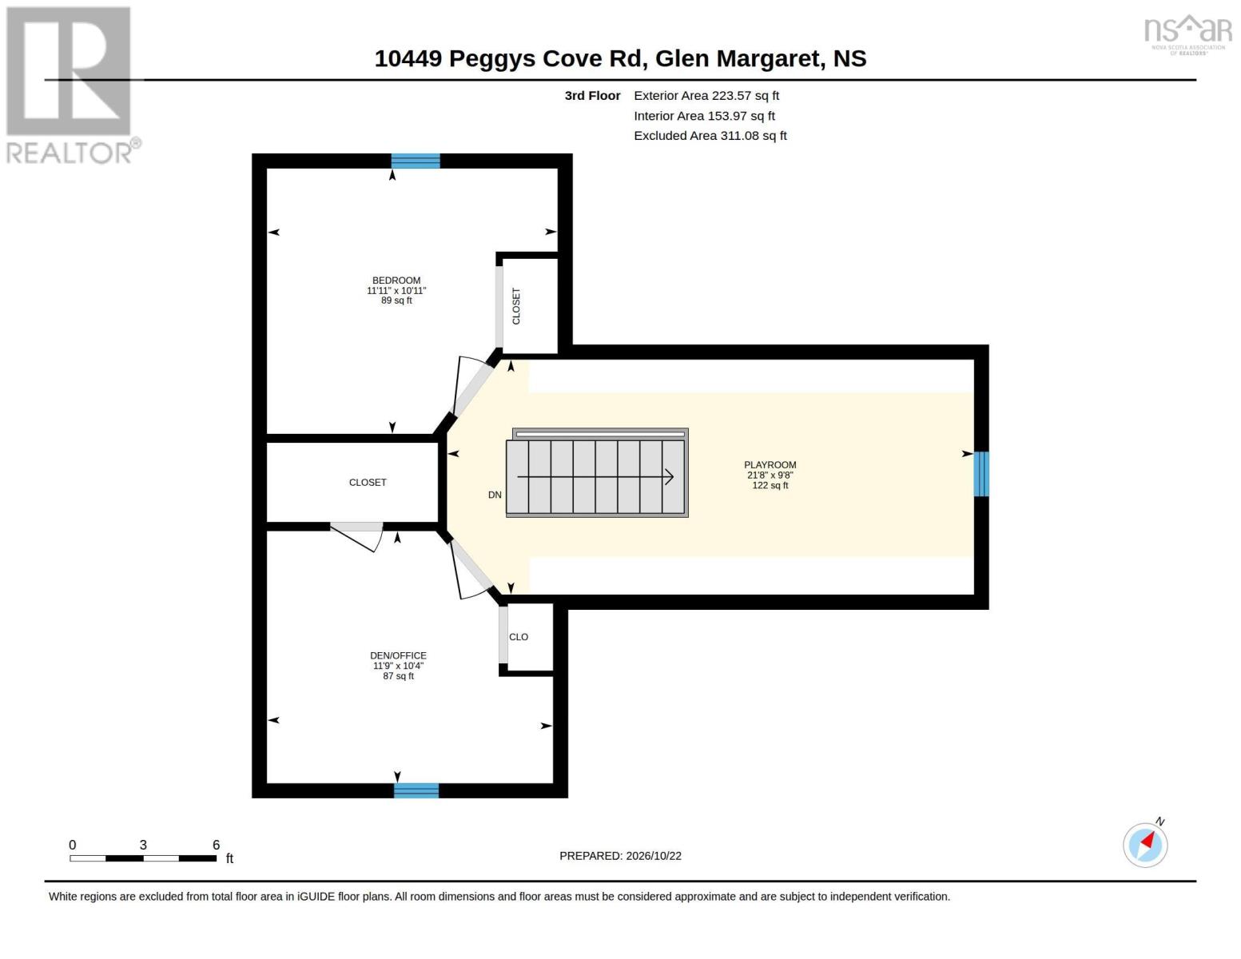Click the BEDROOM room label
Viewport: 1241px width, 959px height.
[x=396, y=281]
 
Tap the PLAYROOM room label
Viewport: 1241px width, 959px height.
[x=770, y=465]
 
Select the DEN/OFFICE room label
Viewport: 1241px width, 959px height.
[x=398, y=655]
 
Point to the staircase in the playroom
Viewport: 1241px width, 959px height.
[x=597, y=473]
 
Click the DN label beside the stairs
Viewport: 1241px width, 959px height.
[x=495, y=495]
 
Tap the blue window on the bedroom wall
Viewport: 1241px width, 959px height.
[x=416, y=161]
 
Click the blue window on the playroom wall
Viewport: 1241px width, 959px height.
[x=981, y=474]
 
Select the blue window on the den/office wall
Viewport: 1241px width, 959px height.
[x=416, y=790]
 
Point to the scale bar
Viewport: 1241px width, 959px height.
[x=143, y=858]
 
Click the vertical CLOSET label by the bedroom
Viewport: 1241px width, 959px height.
[x=516, y=306]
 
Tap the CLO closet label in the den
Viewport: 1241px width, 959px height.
[x=519, y=637]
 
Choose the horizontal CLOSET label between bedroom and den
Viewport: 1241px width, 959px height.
[x=368, y=483]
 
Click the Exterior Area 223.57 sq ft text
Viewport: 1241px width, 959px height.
[x=706, y=96]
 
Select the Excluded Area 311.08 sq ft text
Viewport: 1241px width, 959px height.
[x=710, y=136]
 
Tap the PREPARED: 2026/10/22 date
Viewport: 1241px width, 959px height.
[x=620, y=856]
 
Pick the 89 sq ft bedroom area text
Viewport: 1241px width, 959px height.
[x=396, y=300]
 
